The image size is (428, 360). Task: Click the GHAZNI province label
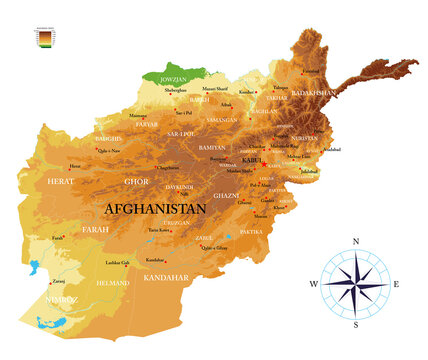[226, 196]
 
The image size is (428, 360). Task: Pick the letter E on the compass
[397, 284]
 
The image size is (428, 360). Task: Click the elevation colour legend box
[43, 38]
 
